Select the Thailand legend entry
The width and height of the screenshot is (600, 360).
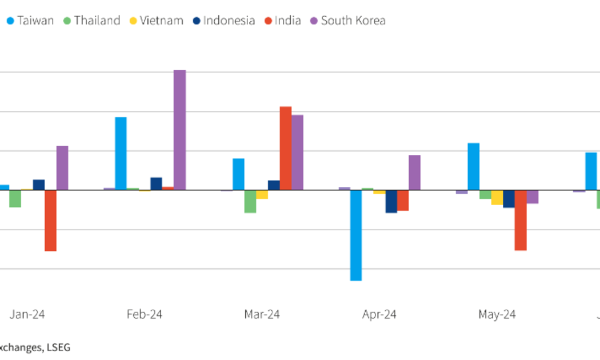[91, 21]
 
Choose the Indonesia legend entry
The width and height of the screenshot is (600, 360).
[223, 21]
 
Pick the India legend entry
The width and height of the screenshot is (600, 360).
[282, 21]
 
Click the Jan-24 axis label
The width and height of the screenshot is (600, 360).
[27, 314]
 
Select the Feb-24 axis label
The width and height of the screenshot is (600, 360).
[145, 314]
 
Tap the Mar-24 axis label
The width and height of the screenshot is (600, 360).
[262, 314]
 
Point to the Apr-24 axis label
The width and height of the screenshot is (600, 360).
[379, 314]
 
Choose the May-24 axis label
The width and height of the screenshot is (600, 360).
[497, 314]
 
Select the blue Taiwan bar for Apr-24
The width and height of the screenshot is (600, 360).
[356, 235]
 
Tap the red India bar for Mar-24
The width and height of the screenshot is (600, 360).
[285, 148]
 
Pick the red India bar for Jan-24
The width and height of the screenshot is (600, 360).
[50, 220]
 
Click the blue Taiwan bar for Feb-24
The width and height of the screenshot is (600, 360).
[121, 153]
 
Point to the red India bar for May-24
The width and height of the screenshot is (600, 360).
[520, 220]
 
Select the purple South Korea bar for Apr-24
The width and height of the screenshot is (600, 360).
[414, 172]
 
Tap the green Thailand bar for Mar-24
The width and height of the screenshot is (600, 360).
[250, 201]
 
